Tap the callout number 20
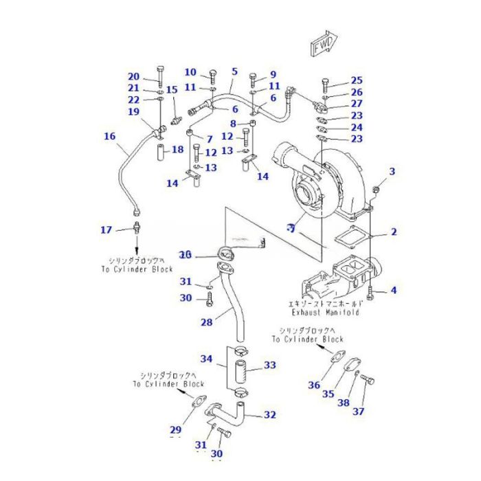[133, 77]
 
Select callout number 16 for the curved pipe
[110, 137]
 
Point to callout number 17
[106, 230]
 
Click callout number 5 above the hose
[234, 71]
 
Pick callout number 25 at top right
[356, 80]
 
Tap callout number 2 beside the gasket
[393, 232]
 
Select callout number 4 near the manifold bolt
[393, 291]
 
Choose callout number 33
[269, 365]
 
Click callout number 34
[206, 359]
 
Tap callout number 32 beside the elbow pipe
[269, 414]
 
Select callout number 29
[176, 431]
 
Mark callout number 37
[359, 412]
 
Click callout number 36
[314, 385]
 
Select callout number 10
[190, 72]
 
